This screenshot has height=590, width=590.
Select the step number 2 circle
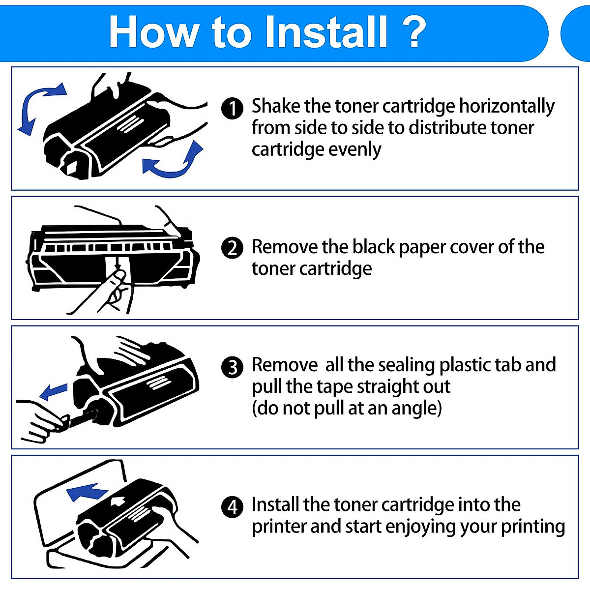[x=232, y=248]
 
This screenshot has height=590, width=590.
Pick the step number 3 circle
[x=232, y=367]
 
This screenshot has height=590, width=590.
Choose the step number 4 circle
[x=232, y=506]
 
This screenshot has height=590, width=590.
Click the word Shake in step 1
[x=276, y=106]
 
